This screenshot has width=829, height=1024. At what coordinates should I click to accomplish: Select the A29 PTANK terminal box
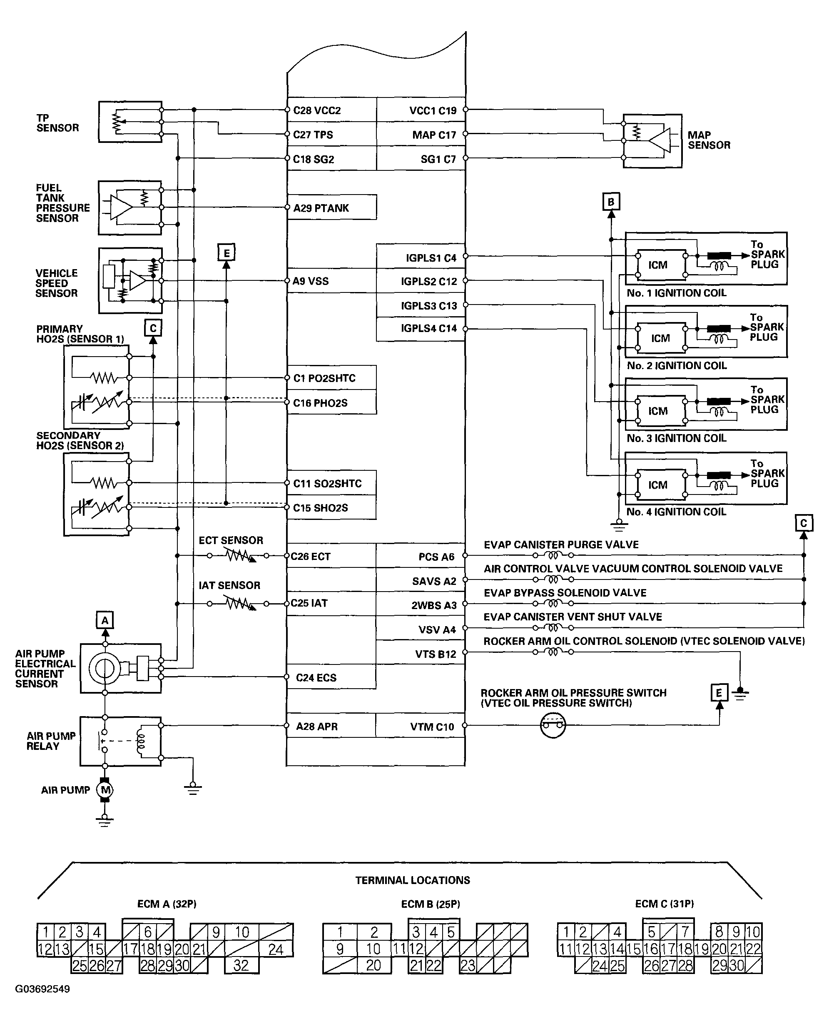332,207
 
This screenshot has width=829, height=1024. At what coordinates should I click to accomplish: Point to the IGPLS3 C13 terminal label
429,306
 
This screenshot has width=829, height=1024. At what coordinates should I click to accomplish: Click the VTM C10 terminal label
432,727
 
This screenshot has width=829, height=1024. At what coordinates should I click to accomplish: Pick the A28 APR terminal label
316,726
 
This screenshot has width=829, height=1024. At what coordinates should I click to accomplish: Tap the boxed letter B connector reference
611,202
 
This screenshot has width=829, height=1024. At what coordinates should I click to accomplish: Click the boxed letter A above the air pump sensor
105,620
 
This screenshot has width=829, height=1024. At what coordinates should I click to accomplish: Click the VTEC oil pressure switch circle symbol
553,725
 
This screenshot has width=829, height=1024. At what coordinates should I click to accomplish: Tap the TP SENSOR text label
57,123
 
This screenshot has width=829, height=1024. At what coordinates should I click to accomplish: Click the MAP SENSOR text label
709,140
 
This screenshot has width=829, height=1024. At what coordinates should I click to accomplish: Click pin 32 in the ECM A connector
241,965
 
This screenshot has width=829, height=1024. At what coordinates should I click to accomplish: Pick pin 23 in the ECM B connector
468,965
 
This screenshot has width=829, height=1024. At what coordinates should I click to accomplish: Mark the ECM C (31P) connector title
664,904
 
